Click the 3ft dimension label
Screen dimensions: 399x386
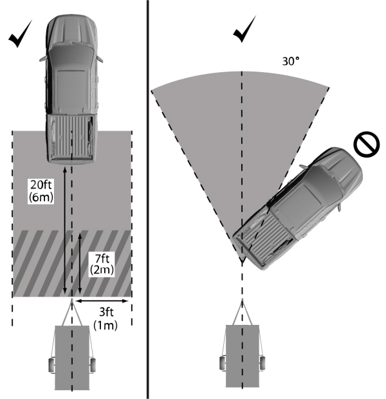click(x=105, y=314)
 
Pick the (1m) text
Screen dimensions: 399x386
click(x=105, y=326)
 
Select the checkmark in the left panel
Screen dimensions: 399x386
click(x=22, y=37)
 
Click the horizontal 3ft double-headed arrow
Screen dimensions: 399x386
click(x=103, y=301)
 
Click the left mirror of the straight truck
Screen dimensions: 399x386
click(x=41, y=57)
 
